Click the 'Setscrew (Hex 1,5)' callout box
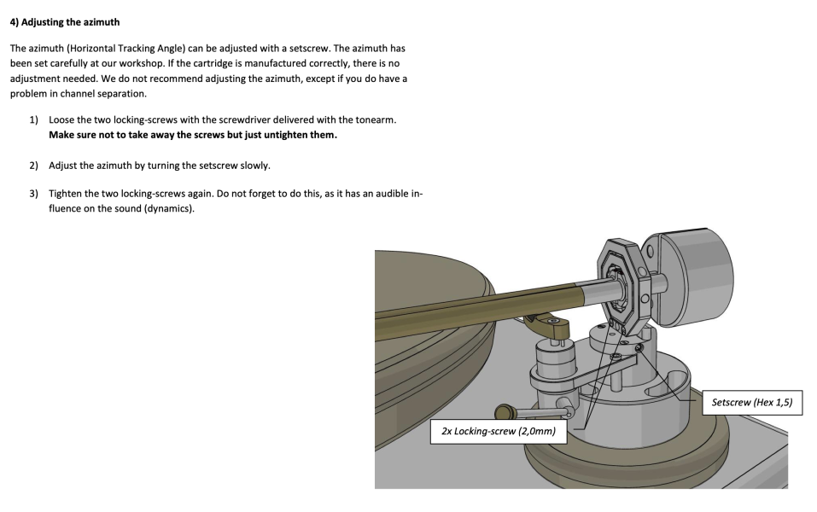point(752,402)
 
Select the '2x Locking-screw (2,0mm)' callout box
point(499,431)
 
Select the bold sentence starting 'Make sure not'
point(192,135)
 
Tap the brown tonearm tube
point(478,303)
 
